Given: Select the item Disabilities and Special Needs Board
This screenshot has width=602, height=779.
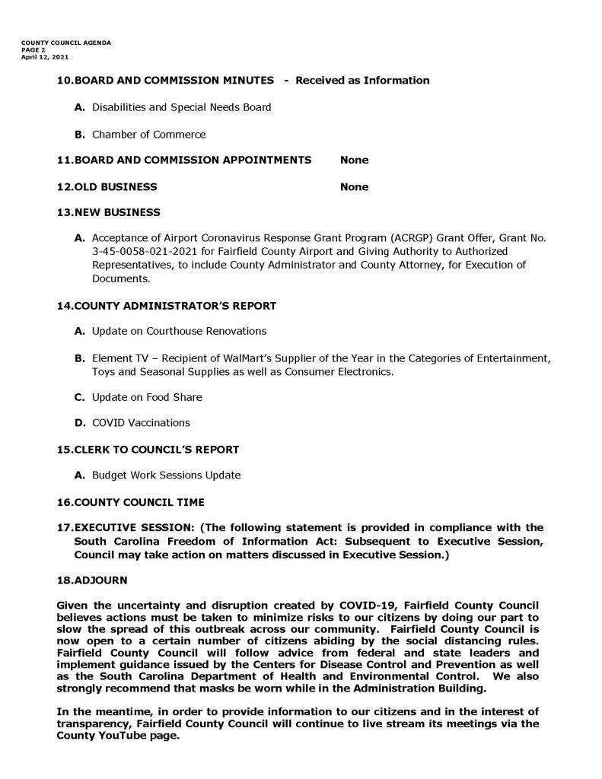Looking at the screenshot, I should coord(181,107).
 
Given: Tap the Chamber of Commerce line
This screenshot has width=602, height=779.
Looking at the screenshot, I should coord(148,135).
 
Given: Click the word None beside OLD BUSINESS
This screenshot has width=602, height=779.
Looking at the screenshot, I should coord(354,187).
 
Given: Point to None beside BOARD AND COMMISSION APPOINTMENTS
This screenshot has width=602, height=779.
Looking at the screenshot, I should coord(354,161).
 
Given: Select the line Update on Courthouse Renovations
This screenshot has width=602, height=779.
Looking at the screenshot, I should coord(179,331).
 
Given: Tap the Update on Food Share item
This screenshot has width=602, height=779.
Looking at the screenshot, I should coord(147,397).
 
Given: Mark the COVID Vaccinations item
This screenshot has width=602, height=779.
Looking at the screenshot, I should coord(141,422).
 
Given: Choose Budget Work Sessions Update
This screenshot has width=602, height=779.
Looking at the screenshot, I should coord(166,475).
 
